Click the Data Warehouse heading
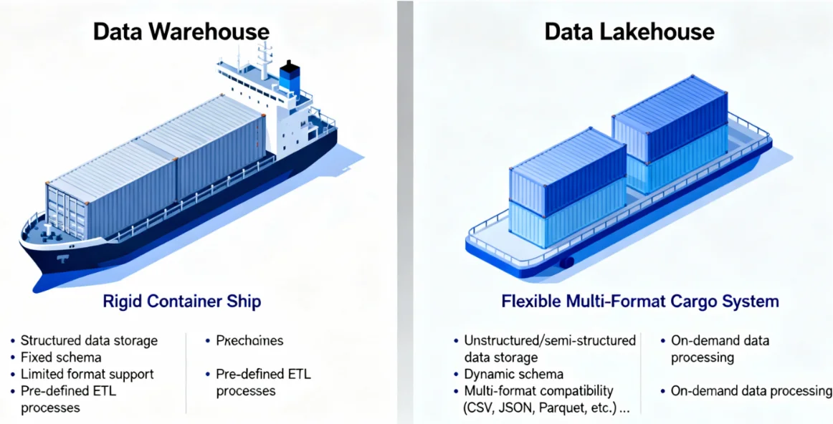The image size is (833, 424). pyautogui.click(x=181, y=32)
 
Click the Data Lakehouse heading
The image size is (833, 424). pyautogui.click(x=629, y=32)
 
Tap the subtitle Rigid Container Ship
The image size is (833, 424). pyautogui.click(x=181, y=301)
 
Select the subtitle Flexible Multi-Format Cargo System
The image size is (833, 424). pyautogui.click(x=640, y=301)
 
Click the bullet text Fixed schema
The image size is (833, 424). pyautogui.click(x=61, y=357)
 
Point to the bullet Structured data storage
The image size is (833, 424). pyautogui.click(x=89, y=340)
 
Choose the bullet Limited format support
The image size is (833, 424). pyautogui.click(x=87, y=374)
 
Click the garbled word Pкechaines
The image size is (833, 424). pyautogui.click(x=249, y=340)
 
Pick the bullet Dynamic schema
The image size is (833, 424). pyautogui.click(x=513, y=374)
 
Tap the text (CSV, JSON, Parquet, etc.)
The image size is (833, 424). pyautogui.click(x=546, y=408)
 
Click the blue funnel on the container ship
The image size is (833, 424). pyautogui.click(x=289, y=77)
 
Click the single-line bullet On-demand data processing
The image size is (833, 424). pyautogui.click(x=751, y=391)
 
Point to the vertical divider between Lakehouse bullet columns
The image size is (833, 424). pyautogui.click(x=641, y=372)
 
